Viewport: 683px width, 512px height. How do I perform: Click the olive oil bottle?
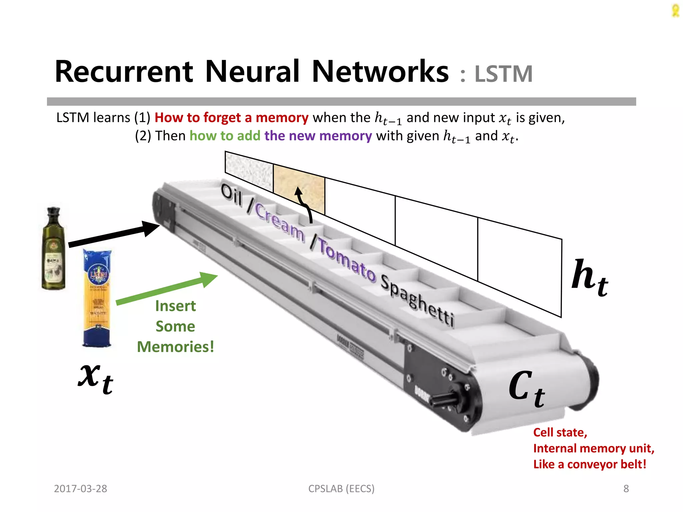point(53,250)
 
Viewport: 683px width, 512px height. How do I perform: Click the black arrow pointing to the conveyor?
point(113,235)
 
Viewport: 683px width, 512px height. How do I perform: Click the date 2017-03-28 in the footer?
point(80,489)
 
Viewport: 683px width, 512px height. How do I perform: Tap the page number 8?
point(626,489)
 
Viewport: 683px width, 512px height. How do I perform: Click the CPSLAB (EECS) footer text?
point(341,489)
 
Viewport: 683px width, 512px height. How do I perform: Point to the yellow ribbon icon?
point(675,11)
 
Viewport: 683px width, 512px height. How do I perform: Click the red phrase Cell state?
point(560,432)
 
